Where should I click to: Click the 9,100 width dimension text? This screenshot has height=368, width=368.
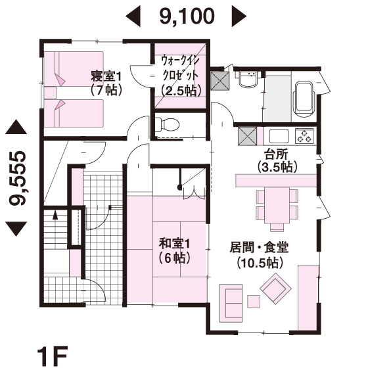pyautogui.click(x=186, y=16)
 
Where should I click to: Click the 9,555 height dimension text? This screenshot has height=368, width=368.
pyautogui.click(x=18, y=178)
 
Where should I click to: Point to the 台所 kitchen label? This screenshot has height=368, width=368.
pyautogui.click(x=277, y=160)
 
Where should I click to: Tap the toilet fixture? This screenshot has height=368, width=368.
pyautogui.click(x=168, y=124)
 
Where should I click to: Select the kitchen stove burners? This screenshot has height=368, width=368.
pyautogui.click(x=305, y=137)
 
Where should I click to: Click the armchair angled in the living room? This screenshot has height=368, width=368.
pyautogui.click(x=275, y=287)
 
